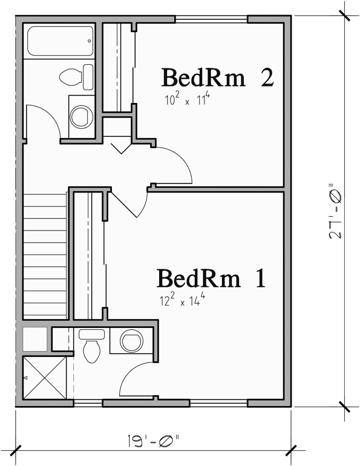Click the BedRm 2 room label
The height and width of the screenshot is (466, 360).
click(217, 78)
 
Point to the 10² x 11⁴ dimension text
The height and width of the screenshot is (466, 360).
click(186, 100)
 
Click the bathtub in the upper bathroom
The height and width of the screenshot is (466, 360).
click(60, 41)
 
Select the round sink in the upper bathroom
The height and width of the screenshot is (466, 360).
click(80, 116)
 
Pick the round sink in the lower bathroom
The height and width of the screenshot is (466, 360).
click(131, 341)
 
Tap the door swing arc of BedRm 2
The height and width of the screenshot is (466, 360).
click(178, 163)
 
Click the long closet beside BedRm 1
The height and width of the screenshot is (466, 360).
click(89, 254)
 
